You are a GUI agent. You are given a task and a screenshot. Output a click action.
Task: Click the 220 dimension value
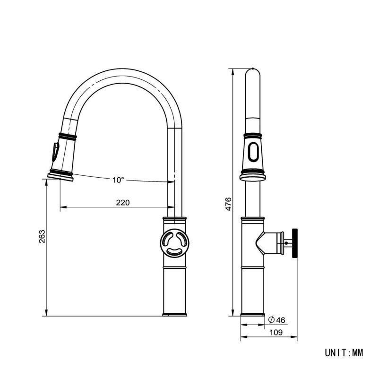(123, 203)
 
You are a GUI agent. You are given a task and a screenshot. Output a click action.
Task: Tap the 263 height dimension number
(42, 237)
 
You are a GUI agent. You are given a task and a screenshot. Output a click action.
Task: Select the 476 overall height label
(228, 204)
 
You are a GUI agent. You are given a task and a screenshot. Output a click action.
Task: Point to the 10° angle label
(118, 180)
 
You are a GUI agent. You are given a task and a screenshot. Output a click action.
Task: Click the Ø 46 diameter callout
(276, 320)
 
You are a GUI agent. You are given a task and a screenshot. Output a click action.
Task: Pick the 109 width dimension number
(276, 333)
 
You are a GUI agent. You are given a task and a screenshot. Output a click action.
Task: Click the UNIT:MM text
(344, 352)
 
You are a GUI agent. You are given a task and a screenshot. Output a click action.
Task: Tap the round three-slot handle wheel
(174, 243)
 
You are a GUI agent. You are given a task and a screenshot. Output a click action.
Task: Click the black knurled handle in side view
(294, 243)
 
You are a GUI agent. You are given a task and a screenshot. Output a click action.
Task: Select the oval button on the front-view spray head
(253, 152)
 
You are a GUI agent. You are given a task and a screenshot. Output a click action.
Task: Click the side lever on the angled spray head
(55, 152)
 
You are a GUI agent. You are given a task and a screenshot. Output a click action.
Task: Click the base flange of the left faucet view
(174, 315)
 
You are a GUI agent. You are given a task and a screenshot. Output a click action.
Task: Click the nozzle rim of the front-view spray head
(253, 178)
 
